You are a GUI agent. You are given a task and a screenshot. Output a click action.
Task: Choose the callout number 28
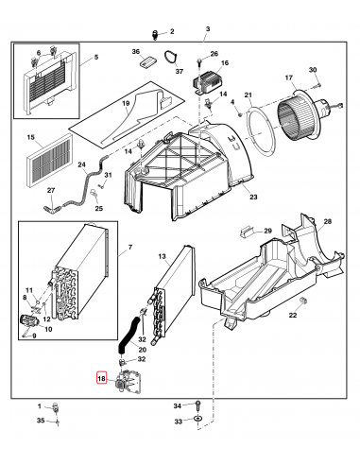tap(327, 222)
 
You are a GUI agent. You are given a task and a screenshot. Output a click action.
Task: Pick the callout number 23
tap(252, 197)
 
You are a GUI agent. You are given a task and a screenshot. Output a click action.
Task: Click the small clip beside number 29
tap(248, 228)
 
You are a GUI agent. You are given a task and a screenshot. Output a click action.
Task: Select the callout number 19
tap(124, 105)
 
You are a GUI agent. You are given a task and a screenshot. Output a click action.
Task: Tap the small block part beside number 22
tap(292, 300)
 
